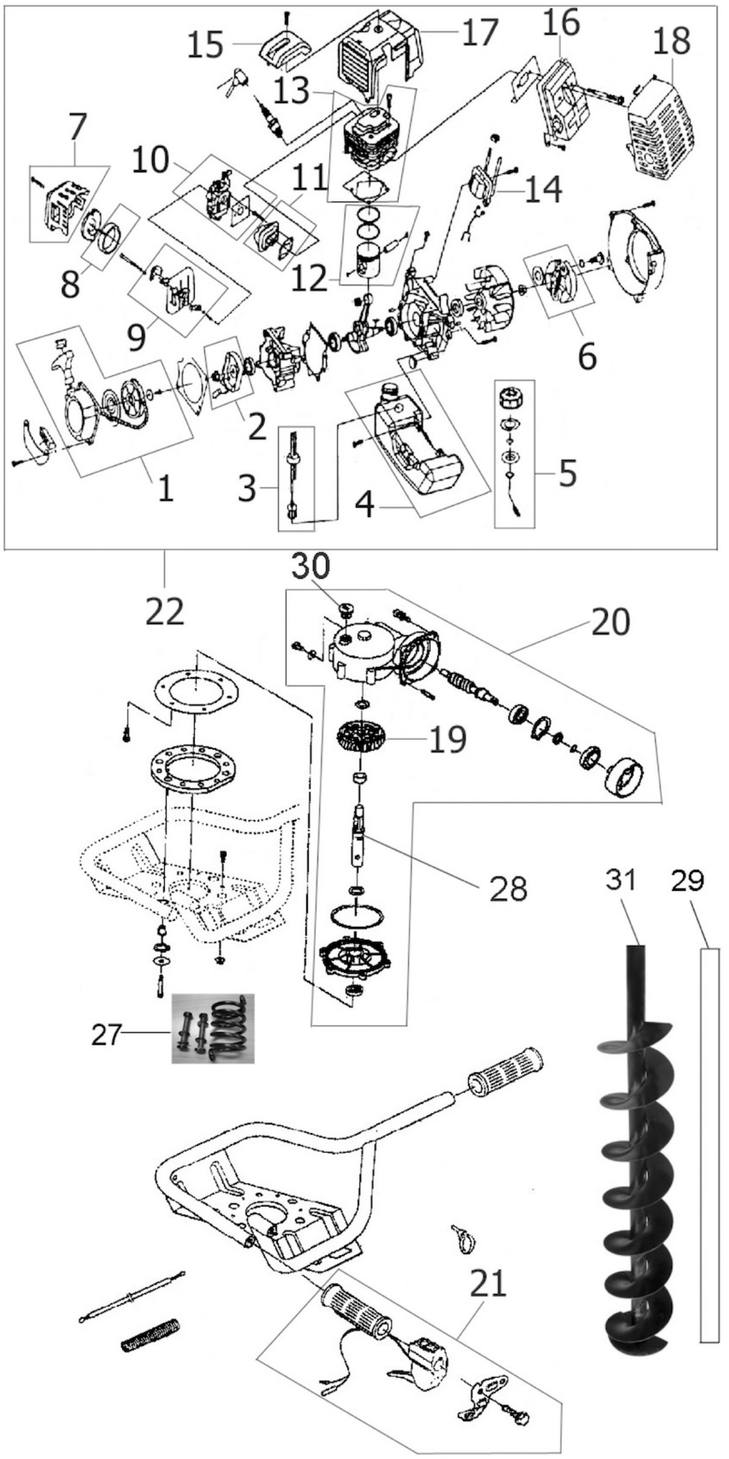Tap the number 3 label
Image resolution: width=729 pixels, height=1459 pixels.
pyautogui.click(x=247, y=488)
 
